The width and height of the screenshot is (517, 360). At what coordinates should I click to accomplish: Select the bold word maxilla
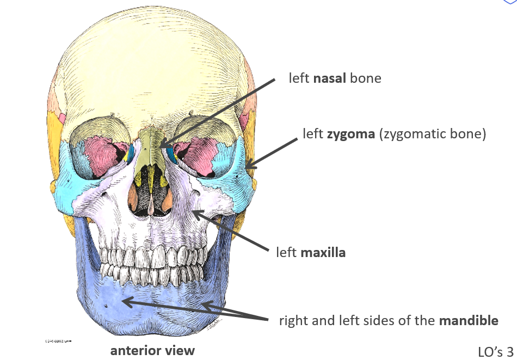click(323, 253)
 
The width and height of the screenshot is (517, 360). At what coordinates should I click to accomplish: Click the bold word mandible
click(469, 321)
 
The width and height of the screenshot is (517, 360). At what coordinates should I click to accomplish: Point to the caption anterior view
click(152, 350)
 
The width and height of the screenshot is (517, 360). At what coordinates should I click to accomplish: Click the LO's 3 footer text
click(495, 351)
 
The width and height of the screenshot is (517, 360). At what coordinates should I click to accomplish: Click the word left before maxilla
click(286, 253)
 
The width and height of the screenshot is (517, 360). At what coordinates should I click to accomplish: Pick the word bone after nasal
click(366, 78)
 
